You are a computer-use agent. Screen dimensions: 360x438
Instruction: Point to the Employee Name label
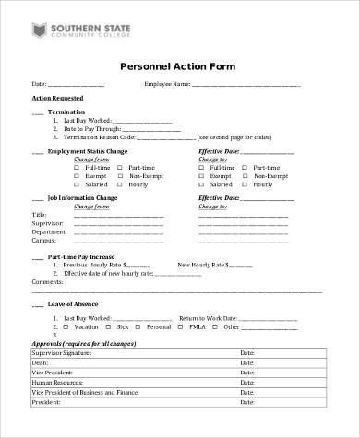[166, 85]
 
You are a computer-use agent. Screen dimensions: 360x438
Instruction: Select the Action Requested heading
[57, 97]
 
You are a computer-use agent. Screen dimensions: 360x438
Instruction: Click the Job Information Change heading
[82, 197]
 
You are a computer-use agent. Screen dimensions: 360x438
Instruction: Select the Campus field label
[43, 240]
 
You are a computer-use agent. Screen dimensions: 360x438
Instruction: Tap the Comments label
[47, 281]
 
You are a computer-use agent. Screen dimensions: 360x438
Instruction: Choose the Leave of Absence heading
[74, 303]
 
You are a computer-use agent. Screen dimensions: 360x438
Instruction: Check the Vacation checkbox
[55, 327]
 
